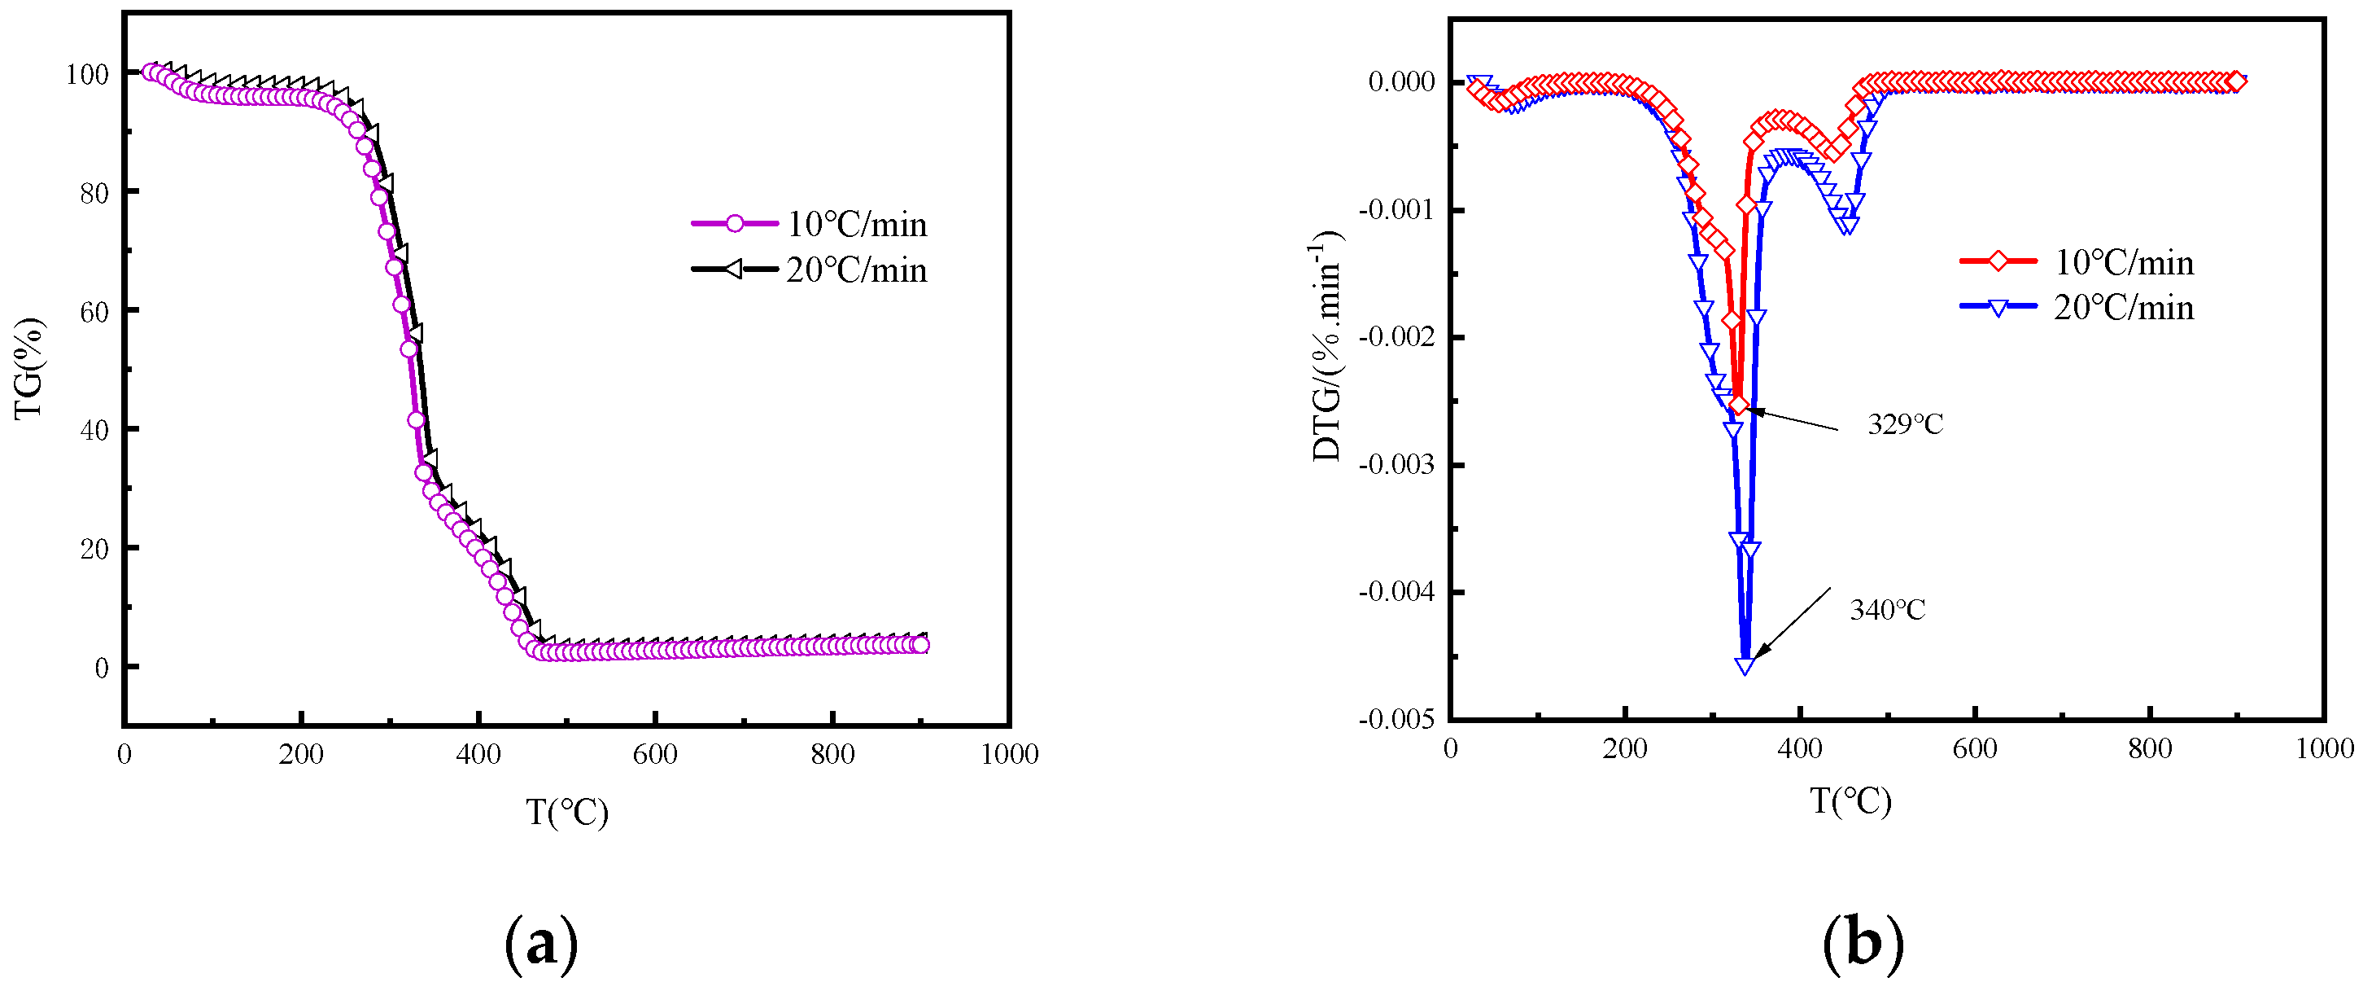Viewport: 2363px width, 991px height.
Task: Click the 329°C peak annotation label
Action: (1904, 425)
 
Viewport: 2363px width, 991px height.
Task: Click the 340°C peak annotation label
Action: (1887, 610)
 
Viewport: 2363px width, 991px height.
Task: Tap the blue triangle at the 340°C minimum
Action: (1745, 665)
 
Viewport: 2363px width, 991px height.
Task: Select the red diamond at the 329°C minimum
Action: (1738, 406)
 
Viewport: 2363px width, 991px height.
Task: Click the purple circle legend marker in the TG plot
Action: (734, 223)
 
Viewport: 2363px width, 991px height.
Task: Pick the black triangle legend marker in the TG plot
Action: (733, 269)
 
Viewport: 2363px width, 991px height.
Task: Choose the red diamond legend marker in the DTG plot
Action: (1997, 261)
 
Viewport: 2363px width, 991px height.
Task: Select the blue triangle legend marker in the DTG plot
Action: (1997, 306)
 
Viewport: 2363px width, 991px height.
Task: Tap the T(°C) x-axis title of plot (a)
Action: (567, 812)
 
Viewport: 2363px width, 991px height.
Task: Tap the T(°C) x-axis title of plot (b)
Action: (1850, 801)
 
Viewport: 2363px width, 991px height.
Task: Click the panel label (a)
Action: (542, 943)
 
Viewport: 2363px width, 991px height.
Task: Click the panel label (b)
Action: (1862, 943)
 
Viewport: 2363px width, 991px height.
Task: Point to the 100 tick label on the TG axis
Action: (87, 74)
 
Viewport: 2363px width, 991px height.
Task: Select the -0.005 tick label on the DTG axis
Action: (1396, 719)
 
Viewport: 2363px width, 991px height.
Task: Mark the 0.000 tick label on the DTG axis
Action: (1400, 81)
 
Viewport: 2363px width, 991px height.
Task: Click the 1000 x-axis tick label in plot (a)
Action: (1009, 754)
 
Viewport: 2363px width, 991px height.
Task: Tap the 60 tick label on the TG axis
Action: (94, 312)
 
